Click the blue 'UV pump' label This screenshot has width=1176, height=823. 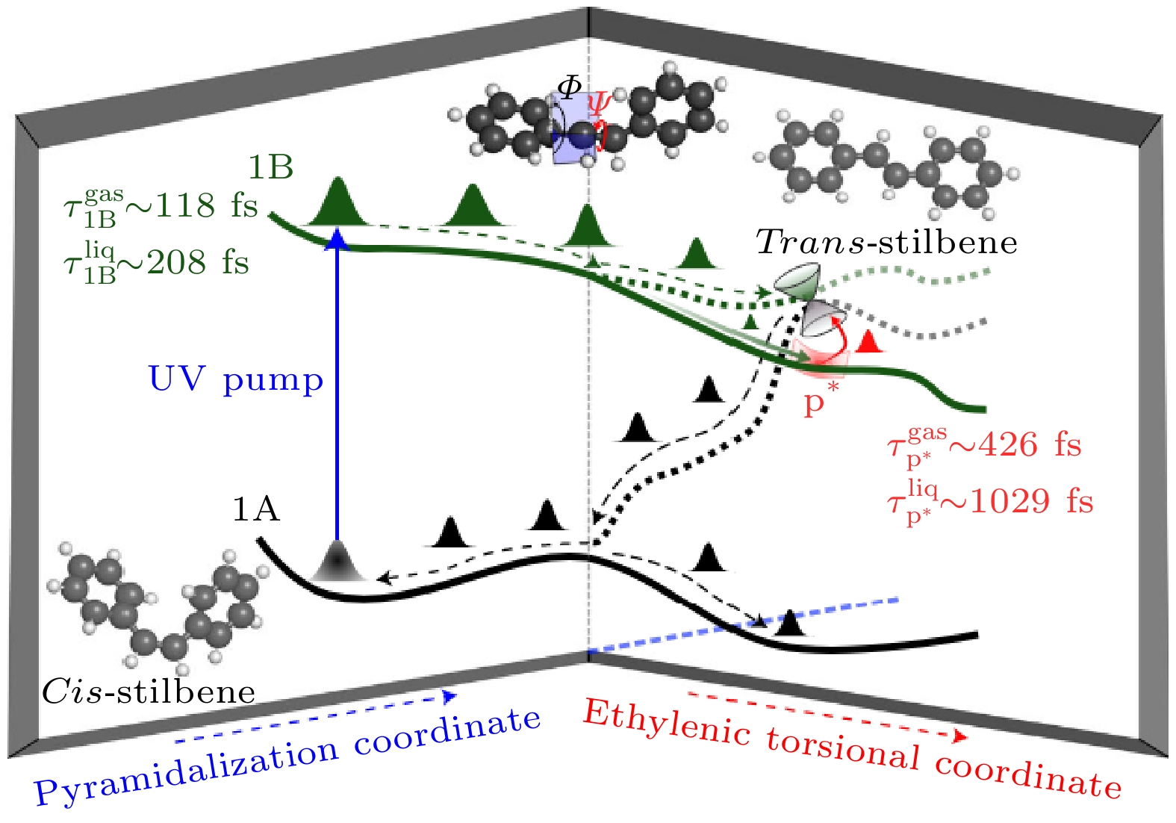pos(236,379)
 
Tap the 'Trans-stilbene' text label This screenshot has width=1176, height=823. pos(886,242)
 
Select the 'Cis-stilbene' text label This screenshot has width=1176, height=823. pos(149,692)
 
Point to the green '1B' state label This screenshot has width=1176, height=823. pos(270,167)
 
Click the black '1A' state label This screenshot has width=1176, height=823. pos(256,509)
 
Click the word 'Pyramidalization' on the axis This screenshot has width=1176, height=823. pos(187,773)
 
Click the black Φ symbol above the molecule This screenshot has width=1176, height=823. pos(569,87)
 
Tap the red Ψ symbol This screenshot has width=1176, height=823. pos(599,104)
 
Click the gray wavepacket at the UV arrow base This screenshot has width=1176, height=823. pos(337,561)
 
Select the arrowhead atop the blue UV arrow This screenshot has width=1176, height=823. pos(337,238)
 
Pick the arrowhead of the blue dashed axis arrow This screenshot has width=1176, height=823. pos(449,696)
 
